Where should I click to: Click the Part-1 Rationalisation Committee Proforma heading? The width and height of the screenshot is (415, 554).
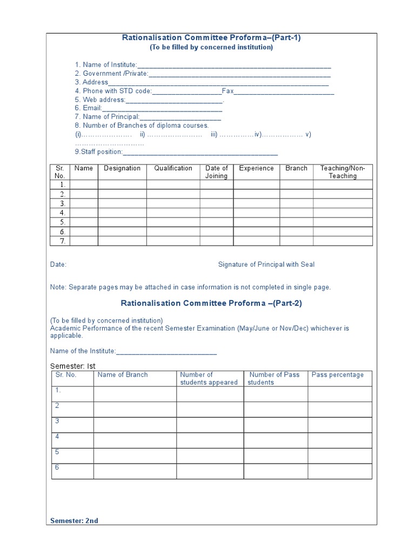211,38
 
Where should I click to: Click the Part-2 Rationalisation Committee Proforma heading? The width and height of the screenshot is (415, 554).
211,304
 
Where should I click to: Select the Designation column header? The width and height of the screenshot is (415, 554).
122,168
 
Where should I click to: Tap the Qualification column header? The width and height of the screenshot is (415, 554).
173,168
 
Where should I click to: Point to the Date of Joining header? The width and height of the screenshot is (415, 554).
217,172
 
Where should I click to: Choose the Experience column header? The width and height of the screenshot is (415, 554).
256,168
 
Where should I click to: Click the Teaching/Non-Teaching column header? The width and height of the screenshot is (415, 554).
343,172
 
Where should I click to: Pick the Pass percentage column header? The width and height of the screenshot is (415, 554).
338,375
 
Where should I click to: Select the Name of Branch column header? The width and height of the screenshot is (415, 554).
122,375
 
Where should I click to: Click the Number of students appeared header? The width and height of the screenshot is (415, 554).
209,379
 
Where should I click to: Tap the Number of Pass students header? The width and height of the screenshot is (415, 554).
274,379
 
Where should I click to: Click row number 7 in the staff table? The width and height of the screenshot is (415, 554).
62,241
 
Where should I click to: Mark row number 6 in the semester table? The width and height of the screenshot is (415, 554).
57,467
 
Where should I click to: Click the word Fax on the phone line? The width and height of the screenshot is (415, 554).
227,91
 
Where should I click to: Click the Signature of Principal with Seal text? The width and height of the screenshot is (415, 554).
266,265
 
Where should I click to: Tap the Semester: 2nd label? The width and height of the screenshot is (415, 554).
74,521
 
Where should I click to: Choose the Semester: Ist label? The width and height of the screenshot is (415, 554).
72,366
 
